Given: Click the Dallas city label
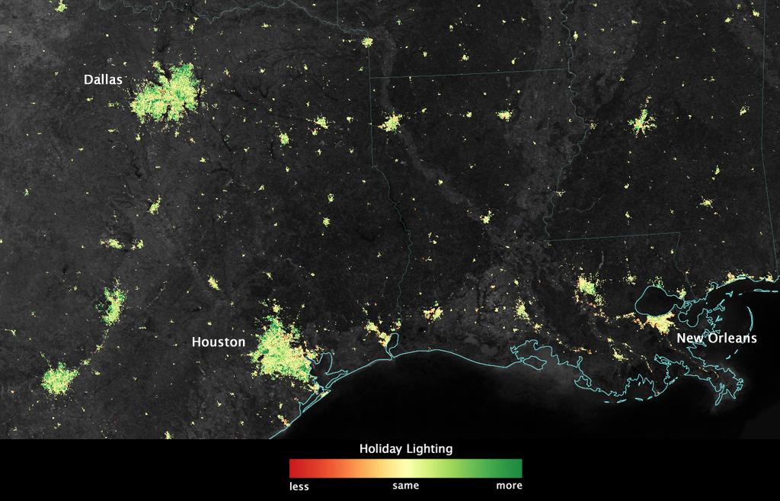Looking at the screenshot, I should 103,79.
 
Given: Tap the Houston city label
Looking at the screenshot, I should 219,342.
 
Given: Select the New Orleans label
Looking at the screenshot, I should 717,338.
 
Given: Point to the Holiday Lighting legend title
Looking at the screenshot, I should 405,449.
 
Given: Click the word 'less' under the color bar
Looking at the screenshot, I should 299,486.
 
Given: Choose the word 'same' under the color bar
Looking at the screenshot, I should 405,486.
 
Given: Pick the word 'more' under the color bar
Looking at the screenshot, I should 509,486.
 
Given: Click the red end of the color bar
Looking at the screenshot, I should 293,467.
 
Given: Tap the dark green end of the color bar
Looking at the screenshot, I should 518,467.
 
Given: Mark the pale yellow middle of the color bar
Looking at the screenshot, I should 406,467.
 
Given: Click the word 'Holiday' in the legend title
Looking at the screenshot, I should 382,449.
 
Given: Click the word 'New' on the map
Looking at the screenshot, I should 689,338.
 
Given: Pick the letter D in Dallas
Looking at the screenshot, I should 88,79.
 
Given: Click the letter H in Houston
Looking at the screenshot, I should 196,342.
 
